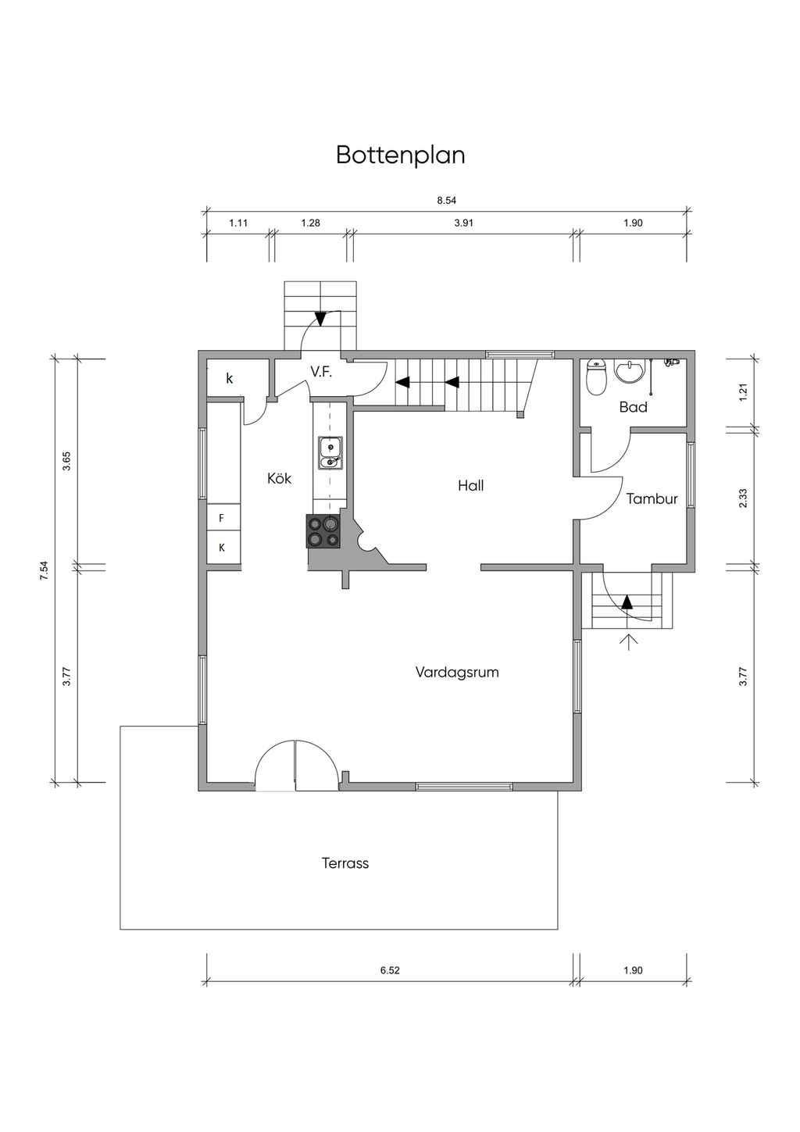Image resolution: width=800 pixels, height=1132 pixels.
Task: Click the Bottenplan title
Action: click(x=400, y=155)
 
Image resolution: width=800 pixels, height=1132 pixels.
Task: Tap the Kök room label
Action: click(x=279, y=478)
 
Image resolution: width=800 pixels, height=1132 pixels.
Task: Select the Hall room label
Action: click(x=470, y=486)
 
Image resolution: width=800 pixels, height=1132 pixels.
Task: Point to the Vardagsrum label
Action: click(x=457, y=672)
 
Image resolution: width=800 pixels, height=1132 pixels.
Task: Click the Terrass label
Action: click(x=345, y=862)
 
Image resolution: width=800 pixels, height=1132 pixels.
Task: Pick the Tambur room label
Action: click(x=652, y=498)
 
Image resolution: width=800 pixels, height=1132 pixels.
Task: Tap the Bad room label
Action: click(x=634, y=407)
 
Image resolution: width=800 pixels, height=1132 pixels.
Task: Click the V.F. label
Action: click(x=321, y=373)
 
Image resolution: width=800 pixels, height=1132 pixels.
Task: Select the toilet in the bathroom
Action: click(x=597, y=377)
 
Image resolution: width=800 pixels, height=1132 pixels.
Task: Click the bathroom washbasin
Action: click(x=629, y=371)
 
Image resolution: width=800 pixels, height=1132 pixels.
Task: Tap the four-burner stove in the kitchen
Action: click(x=323, y=531)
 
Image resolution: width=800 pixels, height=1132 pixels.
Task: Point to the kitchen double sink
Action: click(x=330, y=453)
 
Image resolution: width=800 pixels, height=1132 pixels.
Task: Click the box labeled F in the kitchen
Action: click(x=223, y=516)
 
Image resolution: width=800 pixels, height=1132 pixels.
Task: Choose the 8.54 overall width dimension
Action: click(x=447, y=201)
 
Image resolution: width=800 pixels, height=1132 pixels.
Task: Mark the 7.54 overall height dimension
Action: click(x=45, y=570)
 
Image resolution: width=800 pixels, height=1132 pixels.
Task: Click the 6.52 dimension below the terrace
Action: click(x=390, y=970)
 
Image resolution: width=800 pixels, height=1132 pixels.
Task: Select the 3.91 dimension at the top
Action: click(x=463, y=223)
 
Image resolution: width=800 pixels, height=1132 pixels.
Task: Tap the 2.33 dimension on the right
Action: click(x=743, y=498)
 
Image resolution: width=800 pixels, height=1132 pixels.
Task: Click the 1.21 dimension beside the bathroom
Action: click(x=743, y=393)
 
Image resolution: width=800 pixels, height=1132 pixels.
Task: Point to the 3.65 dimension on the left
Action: click(x=66, y=461)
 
